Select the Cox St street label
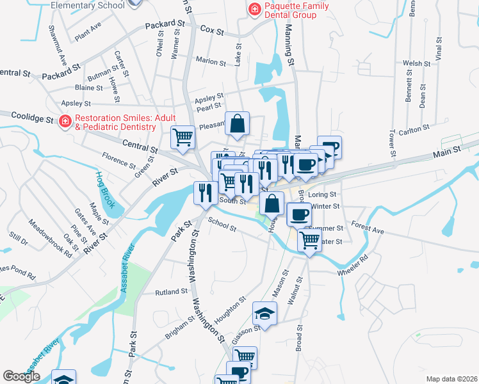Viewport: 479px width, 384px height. pyautogui.click(x=212, y=30)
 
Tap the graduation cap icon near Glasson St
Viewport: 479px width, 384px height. pyautogui.click(x=263, y=313)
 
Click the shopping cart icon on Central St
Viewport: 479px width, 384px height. pyautogui.click(x=183, y=137)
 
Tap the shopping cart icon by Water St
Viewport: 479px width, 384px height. pyautogui.click(x=310, y=241)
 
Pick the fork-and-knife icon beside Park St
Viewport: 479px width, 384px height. pyautogui.click(x=206, y=193)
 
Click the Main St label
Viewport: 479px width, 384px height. pyautogui.click(x=446, y=151)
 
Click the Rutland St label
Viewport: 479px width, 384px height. pyautogui.click(x=170, y=292)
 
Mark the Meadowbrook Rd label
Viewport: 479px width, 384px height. pyautogui.click(x=49, y=237)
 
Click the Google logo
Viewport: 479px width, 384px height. pyautogui.click(x=21, y=376)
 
